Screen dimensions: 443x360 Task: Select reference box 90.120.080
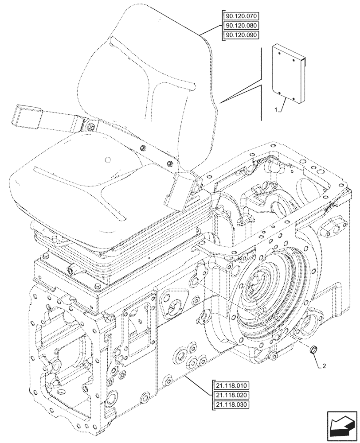[x=241, y=26]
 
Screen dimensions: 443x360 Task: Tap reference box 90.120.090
[x=241, y=35]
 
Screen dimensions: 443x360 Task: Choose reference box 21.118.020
[x=231, y=395]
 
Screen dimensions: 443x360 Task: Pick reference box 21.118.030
[x=231, y=404]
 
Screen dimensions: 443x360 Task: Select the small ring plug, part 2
[x=313, y=351]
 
